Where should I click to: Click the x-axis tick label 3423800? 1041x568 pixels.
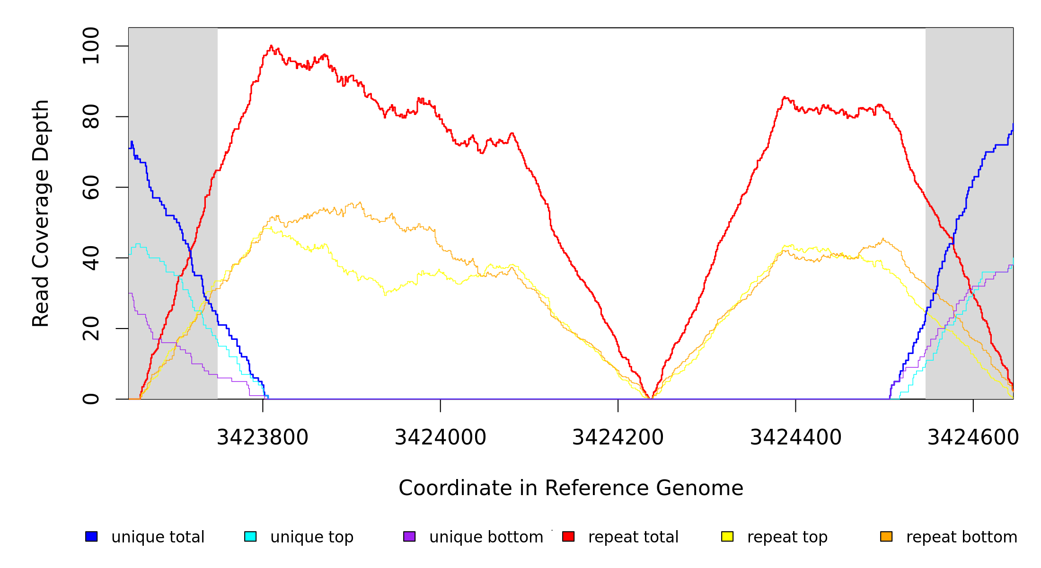(x=263, y=437)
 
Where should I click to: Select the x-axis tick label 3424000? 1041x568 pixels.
(x=441, y=437)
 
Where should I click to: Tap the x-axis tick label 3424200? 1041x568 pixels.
(x=618, y=437)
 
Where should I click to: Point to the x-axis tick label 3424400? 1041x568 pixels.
(x=796, y=437)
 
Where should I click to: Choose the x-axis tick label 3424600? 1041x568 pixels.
(x=973, y=437)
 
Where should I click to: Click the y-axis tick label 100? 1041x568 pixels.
(x=91, y=46)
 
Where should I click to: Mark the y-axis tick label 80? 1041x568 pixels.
(x=91, y=116)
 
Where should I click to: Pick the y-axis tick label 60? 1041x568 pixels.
(x=91, y=187)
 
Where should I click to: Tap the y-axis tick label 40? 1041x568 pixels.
(x=91, y=257)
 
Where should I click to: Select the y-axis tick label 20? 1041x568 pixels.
(x=91, y=328)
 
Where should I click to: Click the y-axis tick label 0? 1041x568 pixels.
(x=91, y=399)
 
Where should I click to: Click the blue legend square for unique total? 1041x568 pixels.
(x=91, y=536)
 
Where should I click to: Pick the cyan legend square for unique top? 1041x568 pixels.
(x=250, y=536)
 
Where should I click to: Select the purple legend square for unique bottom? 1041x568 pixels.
(x=409, y=536)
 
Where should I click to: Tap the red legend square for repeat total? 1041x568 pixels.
(x=568, y=536)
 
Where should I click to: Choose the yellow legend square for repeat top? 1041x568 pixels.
(x=727, y=536)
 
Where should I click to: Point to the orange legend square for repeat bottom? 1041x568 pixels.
(x=886, y=536)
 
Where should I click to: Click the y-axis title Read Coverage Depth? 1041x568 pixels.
(x=41, y=213)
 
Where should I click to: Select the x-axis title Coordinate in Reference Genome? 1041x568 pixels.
(x=571, y=488)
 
